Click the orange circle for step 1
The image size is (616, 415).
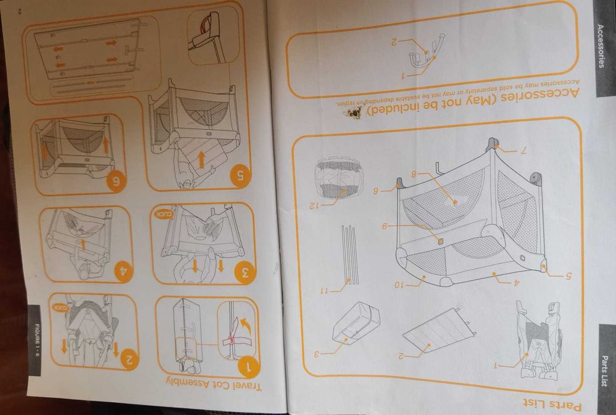(x=248, y=367)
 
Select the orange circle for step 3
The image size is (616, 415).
(x=245, y=273)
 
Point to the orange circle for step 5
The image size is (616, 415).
(x=240, y=176)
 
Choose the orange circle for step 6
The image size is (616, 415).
(x=116, y=181)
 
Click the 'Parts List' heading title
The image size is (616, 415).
(x=552, y=404)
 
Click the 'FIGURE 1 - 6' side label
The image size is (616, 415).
(x=38, y=340)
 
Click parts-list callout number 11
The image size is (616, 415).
(x=325, y=291)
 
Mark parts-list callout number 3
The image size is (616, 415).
(x=317, y=354)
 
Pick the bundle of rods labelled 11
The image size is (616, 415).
(x=349, y=255)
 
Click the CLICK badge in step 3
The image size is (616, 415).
(x=164, y=214)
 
